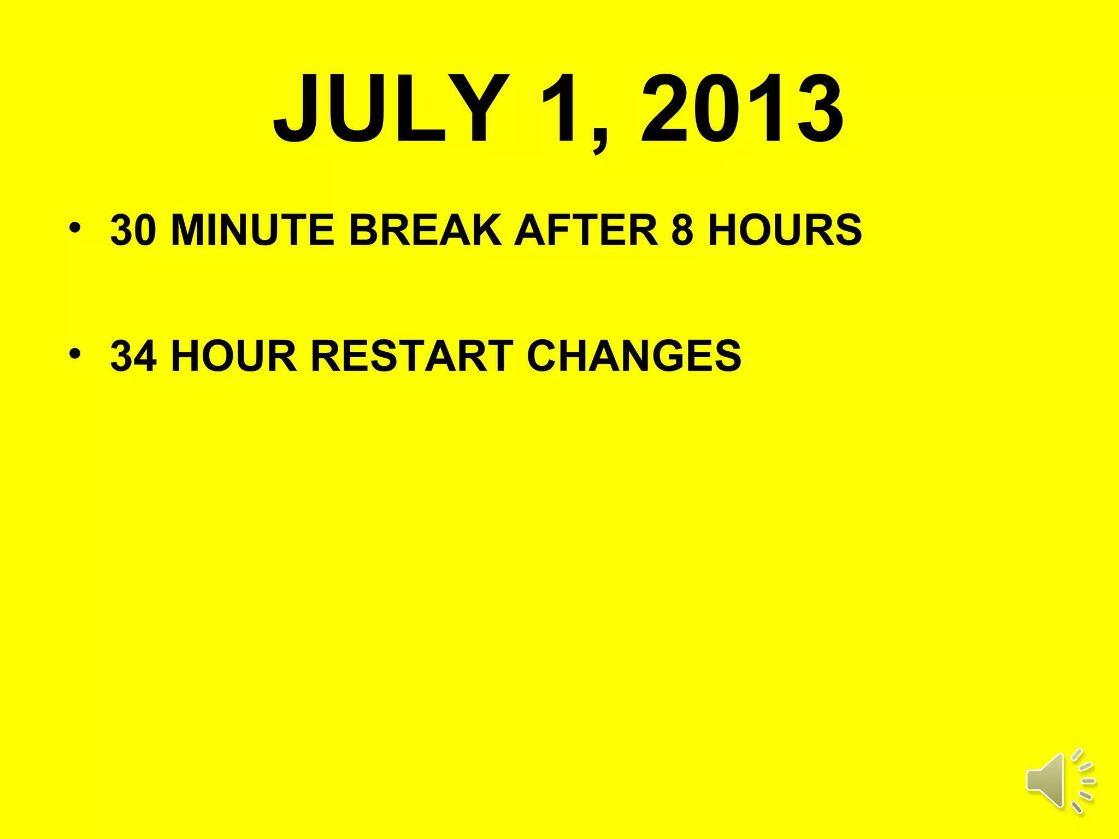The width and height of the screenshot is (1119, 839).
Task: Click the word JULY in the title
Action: coord(391,109)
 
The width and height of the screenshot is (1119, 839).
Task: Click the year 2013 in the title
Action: coord(742,109)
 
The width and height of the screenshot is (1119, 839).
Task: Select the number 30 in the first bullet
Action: coord(133,230)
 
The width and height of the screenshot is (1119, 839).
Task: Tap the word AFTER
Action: coord(586,230)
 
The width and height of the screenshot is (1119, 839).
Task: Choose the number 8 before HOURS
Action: coord(682,230)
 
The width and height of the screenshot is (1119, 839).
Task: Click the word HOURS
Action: coord(785,230)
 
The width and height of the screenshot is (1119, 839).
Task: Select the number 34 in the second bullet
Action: coord(133,356)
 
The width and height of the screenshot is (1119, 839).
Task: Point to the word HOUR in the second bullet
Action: coord(234,356)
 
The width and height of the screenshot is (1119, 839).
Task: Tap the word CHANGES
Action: coord(634,356)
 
